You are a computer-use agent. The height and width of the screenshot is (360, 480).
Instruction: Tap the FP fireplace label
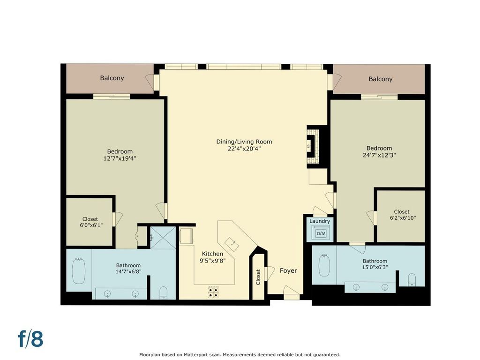tap(309, 146)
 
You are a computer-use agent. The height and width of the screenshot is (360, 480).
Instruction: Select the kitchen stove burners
tap(213, 292)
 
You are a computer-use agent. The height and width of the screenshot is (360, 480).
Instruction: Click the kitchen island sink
tap(232, 244)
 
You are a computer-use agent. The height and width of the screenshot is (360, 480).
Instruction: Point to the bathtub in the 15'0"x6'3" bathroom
tap(324, 265)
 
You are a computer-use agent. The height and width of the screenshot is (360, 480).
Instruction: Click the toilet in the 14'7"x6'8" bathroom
tap(164, 293)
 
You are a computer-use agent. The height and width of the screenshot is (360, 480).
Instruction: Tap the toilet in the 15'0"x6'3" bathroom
tap(412, 280)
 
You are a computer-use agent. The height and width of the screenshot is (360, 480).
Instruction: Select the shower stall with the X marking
tap(163, 238)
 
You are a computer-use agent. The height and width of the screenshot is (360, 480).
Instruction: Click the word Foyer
tap(288, 270)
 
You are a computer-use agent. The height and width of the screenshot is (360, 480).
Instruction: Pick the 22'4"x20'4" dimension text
tap(244, 149)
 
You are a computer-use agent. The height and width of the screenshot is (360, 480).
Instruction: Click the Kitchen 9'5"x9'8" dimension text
tap(212, 261)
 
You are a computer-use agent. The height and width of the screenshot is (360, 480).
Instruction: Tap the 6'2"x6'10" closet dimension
tap(403, 218)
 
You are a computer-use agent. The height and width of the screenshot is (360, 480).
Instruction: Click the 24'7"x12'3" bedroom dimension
tap(379, 155)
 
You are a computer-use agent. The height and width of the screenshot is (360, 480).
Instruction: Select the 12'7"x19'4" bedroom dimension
tap(120, 158)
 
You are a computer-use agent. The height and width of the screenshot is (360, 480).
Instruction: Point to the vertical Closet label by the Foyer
tap(258, 277)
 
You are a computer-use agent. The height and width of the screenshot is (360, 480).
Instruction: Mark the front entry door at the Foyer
tap(291, 292)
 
